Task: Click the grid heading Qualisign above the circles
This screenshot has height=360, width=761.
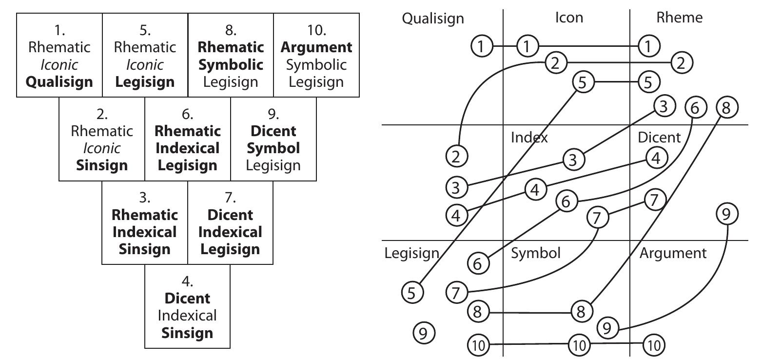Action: [433, 19]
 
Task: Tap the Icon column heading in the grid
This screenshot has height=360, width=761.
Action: [568, 18]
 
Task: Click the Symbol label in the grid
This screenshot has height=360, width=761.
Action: [535, 253]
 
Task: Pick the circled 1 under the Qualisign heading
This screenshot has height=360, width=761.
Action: [482, 47]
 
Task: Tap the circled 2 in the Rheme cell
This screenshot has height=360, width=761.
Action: [682, 62]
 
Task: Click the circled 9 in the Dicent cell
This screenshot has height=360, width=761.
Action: [727, 214]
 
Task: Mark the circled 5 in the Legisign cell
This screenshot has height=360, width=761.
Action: [412, 293]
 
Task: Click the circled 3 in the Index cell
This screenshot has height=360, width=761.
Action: [573, 160]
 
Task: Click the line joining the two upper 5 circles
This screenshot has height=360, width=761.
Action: [615, 81]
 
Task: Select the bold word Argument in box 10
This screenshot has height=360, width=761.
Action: [316, 47]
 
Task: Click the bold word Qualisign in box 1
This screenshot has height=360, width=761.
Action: [59, 82]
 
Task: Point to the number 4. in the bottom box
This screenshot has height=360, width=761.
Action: [187, 281]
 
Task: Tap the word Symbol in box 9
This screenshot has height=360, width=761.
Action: [273, 148]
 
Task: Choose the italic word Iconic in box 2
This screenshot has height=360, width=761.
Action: [101, 148]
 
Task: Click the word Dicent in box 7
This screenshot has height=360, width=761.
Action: [230, 215]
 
